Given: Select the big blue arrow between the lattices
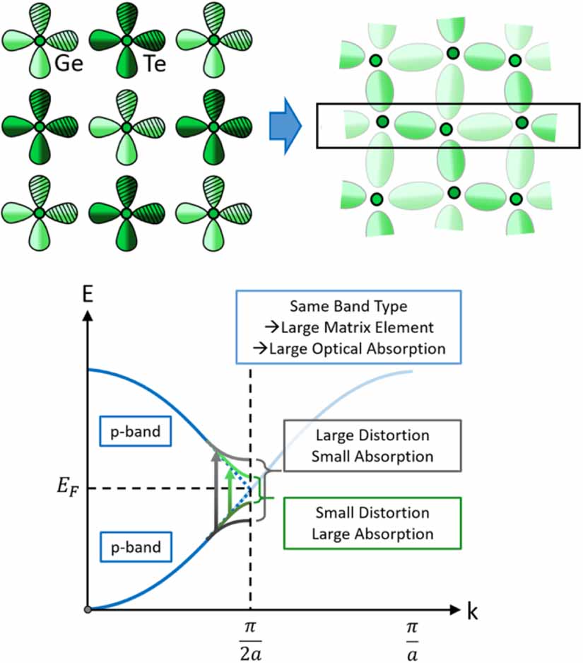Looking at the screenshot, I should [285, 127].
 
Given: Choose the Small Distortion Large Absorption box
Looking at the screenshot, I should [372, 522].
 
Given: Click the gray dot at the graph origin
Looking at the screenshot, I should [87, 609].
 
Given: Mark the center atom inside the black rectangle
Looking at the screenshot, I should [445, 129].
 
